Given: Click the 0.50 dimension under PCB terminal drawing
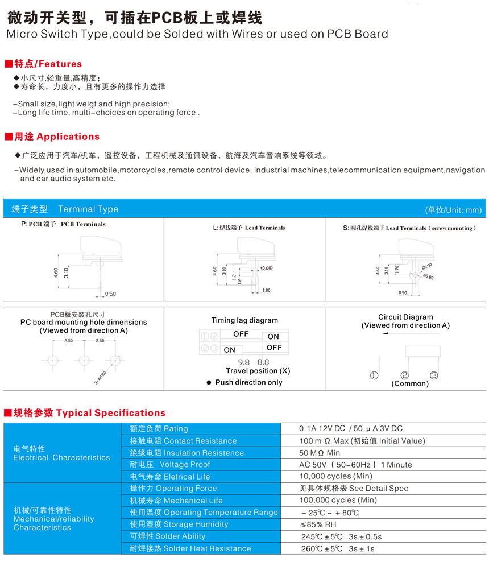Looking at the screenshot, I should [x=110, y=294].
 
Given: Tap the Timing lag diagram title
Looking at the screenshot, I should [x=244, y=320].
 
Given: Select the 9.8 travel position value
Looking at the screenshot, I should [x=244, y=362].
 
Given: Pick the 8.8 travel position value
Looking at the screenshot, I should [x=263, y=362].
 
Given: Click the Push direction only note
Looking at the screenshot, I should [x=248, y=382].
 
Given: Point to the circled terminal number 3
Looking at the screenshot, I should [x=434, y=375].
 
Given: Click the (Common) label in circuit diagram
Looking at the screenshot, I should [x=410, y=383].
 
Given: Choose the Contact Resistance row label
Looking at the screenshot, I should [x=183, y=441].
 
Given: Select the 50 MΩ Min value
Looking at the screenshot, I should [x=320, y=453].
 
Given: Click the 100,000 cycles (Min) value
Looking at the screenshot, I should [x=338, y=501].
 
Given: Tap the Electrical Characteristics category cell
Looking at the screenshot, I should [x=61, y=453].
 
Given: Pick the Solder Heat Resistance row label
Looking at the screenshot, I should [x=190, y=548].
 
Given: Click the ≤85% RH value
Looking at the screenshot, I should [x=318, y=524].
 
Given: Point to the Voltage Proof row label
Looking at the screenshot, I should [x=170, y=465].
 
